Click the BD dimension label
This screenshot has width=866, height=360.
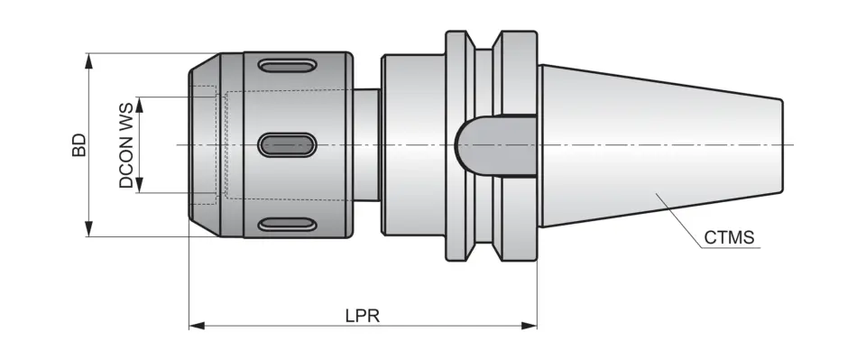[79, 145]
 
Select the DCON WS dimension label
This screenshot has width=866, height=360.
[126, 145]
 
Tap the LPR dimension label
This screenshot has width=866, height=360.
[363, 316]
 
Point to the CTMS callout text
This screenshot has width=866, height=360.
[730, 239]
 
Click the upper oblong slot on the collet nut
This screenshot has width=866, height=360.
[287, 66]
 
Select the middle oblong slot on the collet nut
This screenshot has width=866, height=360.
[287, 144]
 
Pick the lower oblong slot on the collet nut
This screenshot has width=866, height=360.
[287, 224]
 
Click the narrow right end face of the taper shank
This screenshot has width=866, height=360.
[781, 144]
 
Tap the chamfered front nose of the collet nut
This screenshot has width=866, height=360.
[202, 144]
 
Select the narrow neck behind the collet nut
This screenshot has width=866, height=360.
[366, 144]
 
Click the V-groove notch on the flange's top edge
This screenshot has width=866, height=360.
[484, 41]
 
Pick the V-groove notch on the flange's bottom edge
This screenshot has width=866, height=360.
[484, 250]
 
